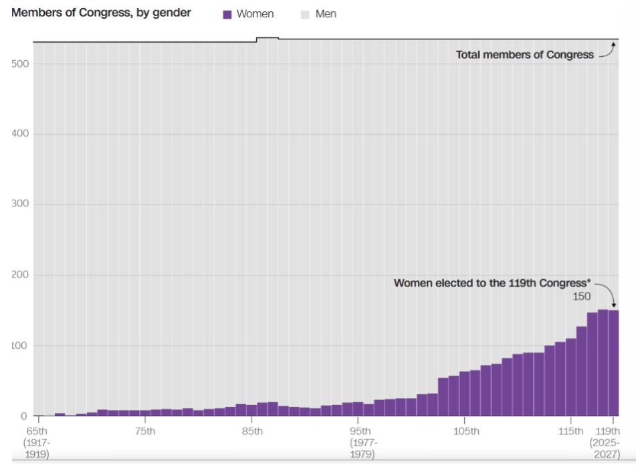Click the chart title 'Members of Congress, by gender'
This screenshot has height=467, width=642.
[101, 13]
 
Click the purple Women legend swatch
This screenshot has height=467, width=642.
[227, 14]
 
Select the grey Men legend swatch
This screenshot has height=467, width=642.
[305, 14]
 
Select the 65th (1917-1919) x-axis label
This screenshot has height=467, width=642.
[36, 442]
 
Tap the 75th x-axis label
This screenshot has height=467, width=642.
[144, 431]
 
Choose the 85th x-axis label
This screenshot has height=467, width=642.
[251, 431]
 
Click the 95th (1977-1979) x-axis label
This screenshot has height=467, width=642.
[364, 442]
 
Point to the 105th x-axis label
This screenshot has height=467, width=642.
[465, 431]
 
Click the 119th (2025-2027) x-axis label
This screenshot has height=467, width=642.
[605, 442]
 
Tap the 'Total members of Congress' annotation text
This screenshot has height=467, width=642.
[525, 55]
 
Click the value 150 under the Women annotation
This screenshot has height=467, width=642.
[582, 296]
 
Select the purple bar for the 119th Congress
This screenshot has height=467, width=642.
[613, 364]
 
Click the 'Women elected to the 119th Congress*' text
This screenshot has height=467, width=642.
[492, 283]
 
